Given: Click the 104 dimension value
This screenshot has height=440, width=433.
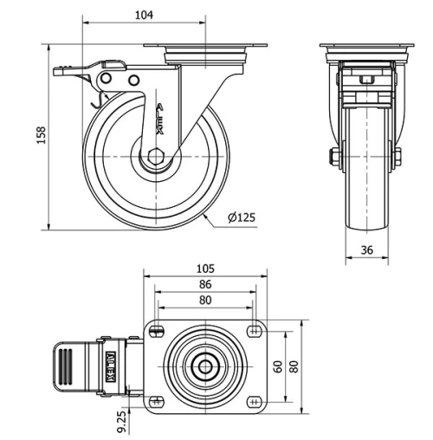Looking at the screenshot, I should click(144, 15).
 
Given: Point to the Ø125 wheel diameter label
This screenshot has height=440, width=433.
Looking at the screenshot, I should click(242, 218).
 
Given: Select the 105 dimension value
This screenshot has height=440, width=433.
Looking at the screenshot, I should click(205, 269).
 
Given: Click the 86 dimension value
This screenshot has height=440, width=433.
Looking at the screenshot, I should click(205, 284).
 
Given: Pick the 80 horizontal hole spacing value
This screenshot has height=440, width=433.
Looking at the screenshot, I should click(205, 301).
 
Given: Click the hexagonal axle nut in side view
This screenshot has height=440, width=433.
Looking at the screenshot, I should click(156, 159).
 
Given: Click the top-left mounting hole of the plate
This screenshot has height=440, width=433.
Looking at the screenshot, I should click(158, 329).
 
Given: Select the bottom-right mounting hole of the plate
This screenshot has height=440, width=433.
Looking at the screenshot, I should click(253, 400).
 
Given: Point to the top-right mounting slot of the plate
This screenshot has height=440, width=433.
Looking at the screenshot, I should click(253, 329).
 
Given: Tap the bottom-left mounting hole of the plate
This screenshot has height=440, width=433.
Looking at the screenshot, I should click(158, 400).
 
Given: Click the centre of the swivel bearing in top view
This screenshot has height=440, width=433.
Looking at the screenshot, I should click(205, 365).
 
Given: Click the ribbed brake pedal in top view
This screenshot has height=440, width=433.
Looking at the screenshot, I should click(67, 365).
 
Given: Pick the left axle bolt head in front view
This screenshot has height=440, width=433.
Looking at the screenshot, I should click(333, 157).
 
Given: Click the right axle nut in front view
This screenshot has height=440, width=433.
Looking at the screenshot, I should click(397, 157).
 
